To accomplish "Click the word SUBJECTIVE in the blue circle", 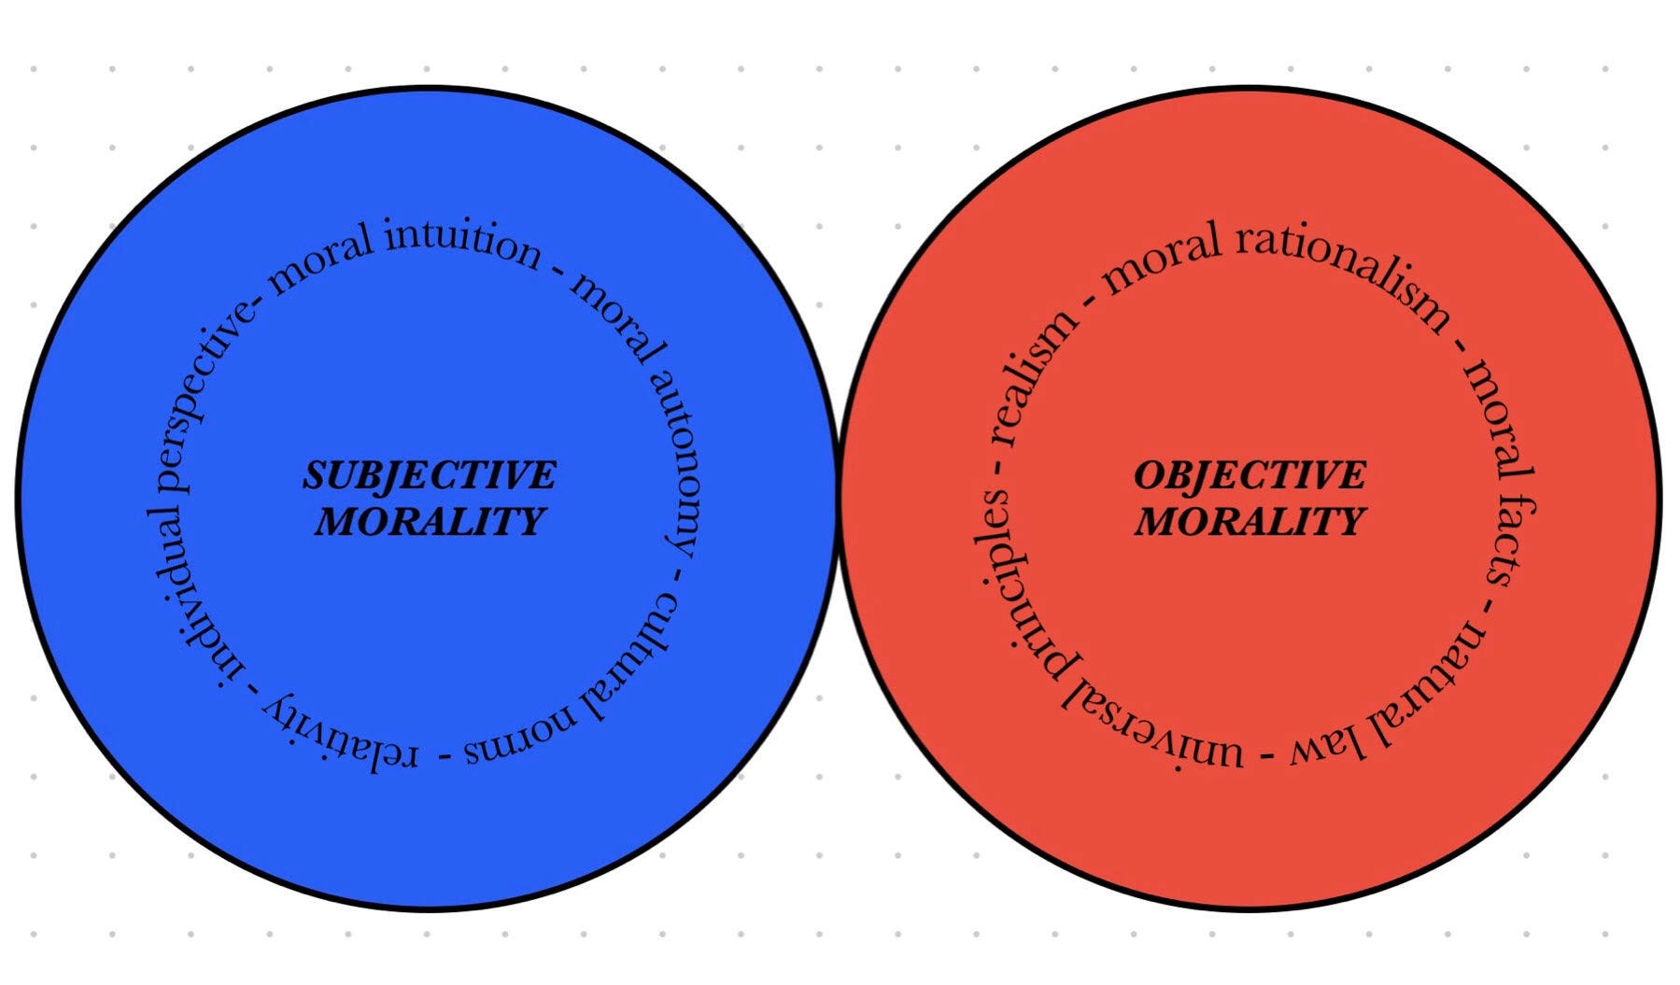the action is [x=429, y=475].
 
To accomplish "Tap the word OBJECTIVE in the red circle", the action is [x=1249, y=475].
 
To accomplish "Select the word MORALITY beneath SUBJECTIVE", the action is [x=429, y=521].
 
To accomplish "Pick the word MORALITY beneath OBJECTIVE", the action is [x=1249, y=521].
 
